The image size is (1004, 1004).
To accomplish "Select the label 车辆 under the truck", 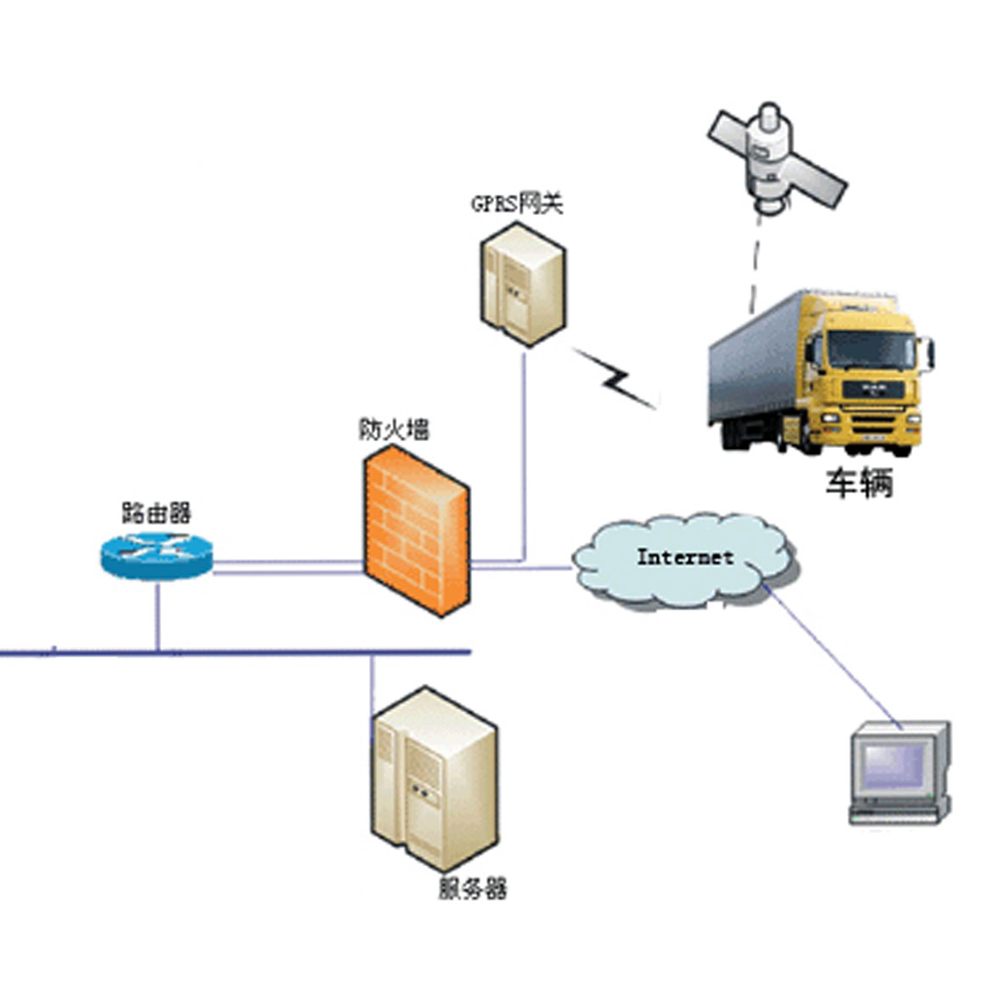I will click(x=859, y=483).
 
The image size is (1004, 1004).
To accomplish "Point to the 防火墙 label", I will click(x=394, y=429).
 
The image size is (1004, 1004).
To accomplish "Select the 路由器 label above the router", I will click(x=156, y=513).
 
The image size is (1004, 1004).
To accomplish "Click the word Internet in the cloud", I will click(x=685, y=557).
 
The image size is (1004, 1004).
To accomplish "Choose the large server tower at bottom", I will click(x=434, y=775).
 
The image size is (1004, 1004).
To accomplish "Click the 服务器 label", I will click(x=473, y=888).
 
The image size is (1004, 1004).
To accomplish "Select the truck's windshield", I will click(x=871, y=349).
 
